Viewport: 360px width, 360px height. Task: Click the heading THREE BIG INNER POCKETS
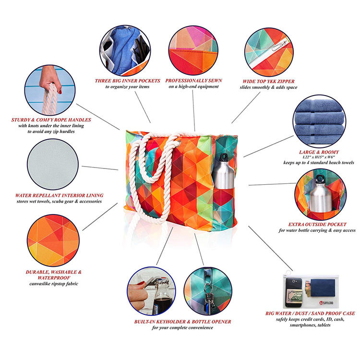[127, 81]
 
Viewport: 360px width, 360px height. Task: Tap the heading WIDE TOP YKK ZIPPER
[268, 81]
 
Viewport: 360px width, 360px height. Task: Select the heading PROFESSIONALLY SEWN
[193, 81]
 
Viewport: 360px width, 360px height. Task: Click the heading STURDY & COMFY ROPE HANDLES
[51, 120]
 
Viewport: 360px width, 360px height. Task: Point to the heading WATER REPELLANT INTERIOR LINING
[59, 195]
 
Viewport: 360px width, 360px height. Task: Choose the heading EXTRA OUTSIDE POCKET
[317, 224]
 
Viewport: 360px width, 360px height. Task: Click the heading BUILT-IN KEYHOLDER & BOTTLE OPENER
[182, 322]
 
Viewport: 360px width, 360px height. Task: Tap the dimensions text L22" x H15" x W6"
[319, 157]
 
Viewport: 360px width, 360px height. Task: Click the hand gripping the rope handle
[50, 79]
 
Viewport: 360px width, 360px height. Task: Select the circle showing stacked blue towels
[319, 121]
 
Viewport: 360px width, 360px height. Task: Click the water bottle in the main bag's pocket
[223, 171]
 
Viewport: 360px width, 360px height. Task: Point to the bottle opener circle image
[151, 291]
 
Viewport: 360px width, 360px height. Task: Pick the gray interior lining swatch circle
[53, 164]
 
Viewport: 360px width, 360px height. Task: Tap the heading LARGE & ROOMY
[319, 152]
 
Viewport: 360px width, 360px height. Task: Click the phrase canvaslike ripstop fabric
[54, 284]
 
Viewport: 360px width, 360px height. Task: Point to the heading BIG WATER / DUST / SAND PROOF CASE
[310, 313]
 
